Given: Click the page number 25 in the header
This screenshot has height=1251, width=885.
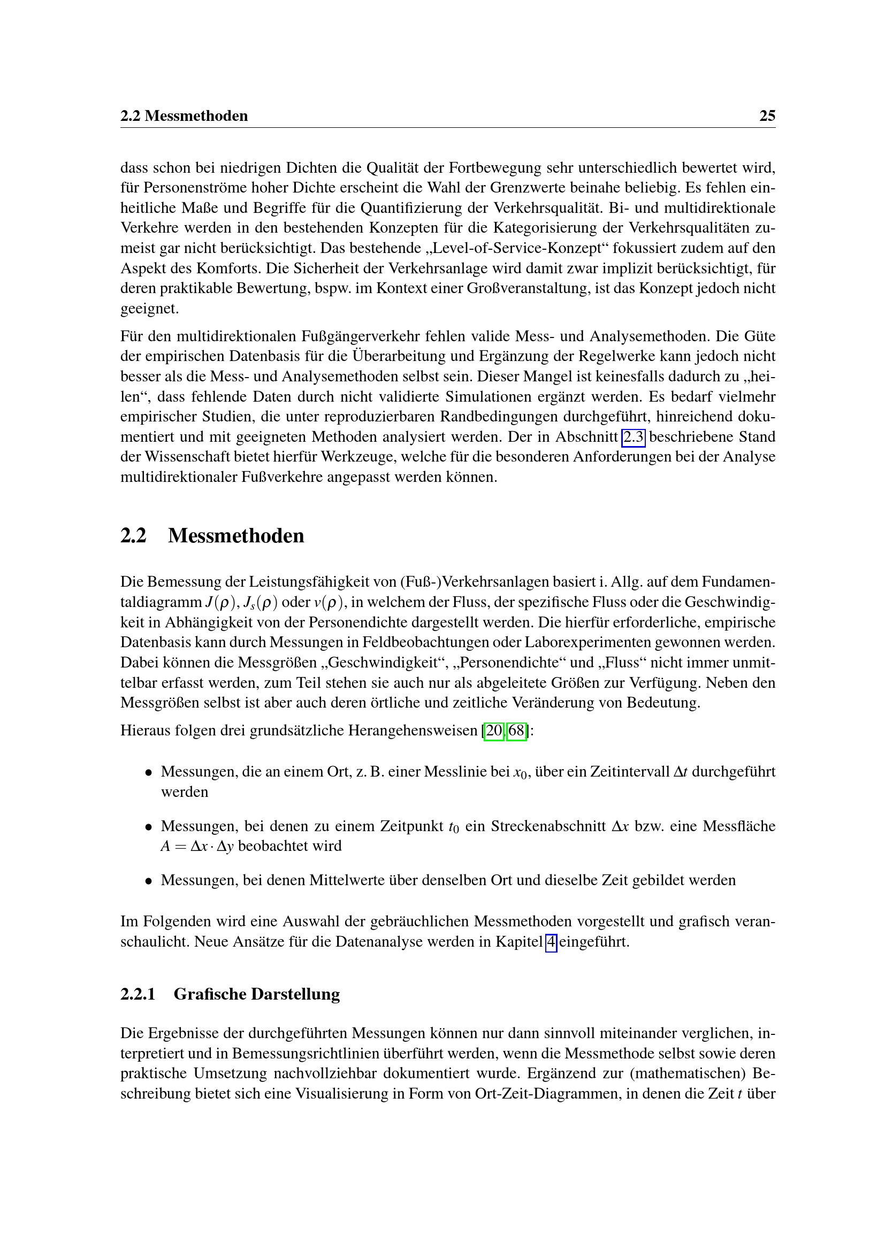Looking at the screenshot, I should click(x=767, y=116).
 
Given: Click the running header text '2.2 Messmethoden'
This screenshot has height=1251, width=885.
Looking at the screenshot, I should click(x=184, y=116).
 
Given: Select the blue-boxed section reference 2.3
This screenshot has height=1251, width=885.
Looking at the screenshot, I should click(x=633, y=437).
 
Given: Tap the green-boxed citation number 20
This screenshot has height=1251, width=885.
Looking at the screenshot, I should click(x=494, y=730).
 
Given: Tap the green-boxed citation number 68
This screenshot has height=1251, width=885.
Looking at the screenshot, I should click(x=517, y=730).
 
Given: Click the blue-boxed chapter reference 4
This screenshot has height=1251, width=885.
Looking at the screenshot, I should click(x=551, y=941).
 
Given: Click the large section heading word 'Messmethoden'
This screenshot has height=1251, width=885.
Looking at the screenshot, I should click(x=236, y=535).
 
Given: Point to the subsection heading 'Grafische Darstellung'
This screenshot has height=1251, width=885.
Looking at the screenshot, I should click(x=257, y=994).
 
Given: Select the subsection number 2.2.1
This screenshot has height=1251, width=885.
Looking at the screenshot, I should click(x=138, y=994).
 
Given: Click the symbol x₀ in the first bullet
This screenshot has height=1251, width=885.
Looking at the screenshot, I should click(x=521, y=773).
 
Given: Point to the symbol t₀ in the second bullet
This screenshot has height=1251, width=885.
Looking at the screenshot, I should click(x=454, y=827).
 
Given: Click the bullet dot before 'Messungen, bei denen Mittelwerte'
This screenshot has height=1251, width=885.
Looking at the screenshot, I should click(x=148, y=881).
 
